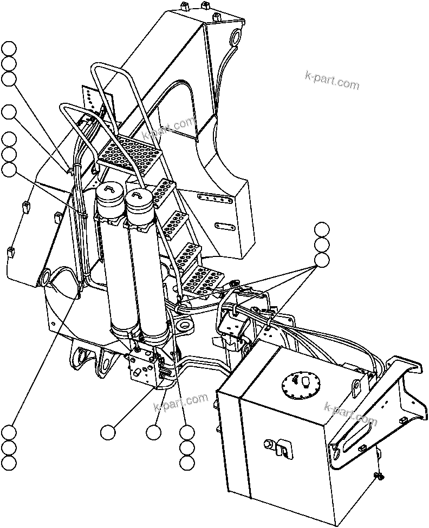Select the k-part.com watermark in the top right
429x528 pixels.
(x=331, y=81)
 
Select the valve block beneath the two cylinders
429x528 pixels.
(x=145, y=368)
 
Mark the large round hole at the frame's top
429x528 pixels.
(x=237, y=37)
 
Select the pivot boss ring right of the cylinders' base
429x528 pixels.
(x=184, y=326)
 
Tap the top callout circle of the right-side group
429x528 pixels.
(x=322, y=228)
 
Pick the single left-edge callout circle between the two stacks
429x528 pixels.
(x=9, y=112)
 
